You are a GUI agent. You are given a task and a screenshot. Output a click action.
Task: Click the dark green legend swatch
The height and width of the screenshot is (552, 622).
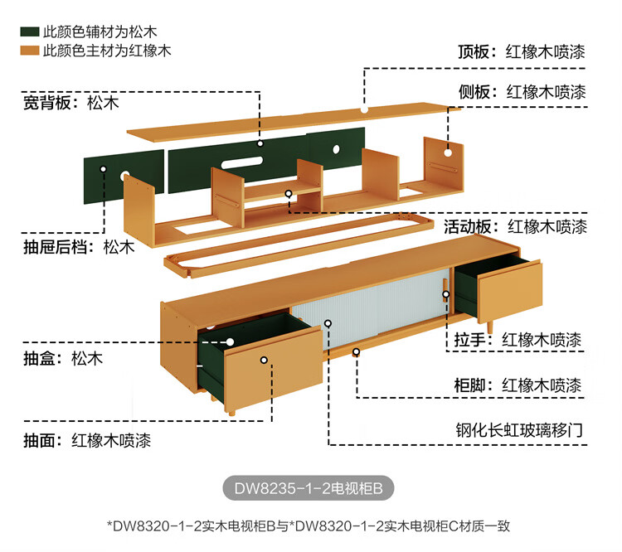(x=30, y=32)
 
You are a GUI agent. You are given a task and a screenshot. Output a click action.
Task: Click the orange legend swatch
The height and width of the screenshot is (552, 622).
(x=30, y=51)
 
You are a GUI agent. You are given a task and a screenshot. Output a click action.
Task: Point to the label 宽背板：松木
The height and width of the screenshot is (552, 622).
(x=70, y=104)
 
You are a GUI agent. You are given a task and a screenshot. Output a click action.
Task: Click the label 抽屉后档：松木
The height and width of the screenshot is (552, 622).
(x=78, y=246)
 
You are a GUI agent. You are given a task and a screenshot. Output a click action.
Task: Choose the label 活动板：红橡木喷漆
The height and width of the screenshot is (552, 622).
(x=515, y=226)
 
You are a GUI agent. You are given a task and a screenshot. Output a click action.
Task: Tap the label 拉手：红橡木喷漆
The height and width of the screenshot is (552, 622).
(x=518, y=340)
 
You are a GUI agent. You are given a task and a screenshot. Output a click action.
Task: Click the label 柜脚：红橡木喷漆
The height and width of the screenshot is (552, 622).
(x=518, y=385)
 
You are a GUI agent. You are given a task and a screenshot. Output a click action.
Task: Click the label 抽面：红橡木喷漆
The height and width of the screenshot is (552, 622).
(x=86, y=440)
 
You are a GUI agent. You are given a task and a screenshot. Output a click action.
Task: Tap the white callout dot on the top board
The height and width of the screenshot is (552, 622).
(x=363, y=109)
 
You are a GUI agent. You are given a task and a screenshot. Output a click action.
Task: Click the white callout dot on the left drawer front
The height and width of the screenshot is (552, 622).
(x=264, y=361)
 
